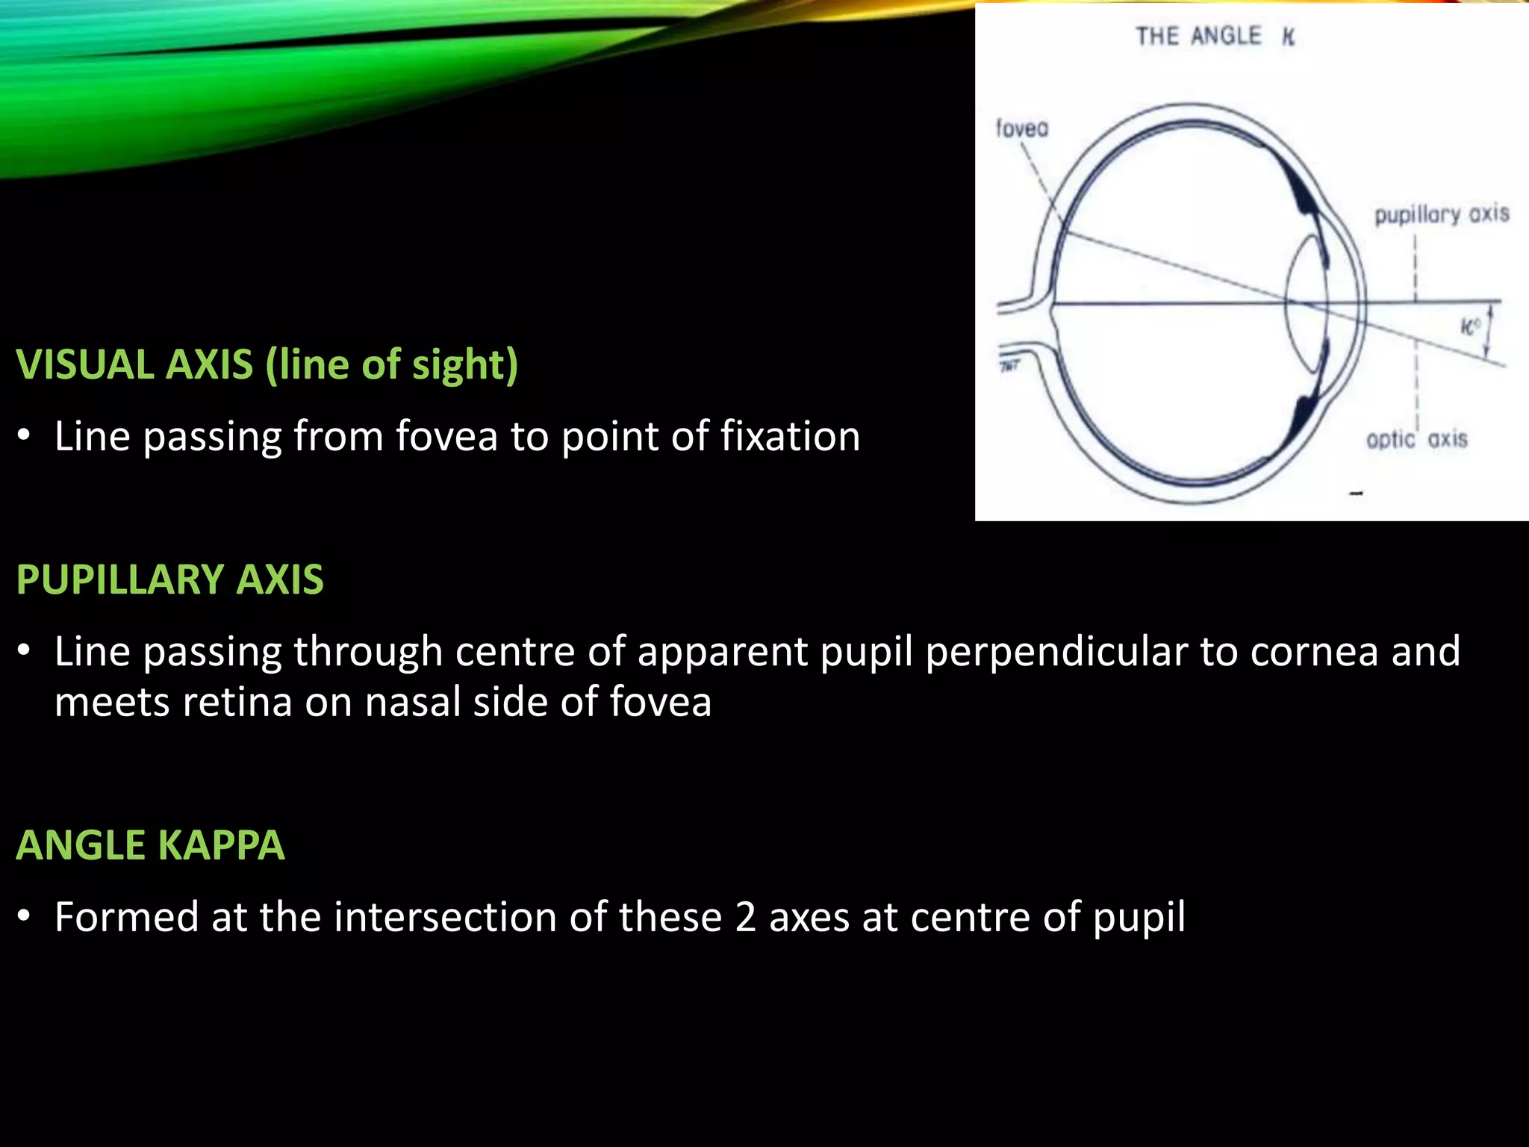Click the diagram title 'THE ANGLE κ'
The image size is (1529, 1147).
pyautogui.click(x=1215, y=37)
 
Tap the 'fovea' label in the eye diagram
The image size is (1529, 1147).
pyautogui.click(x=1022, y=129)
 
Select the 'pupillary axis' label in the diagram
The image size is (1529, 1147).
pyautogui.click(x=1442, y=215)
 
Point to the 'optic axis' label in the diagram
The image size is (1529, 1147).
pyautogui.click(x=1416, y=439)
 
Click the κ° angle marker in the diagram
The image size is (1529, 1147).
pyautogui.click(x=1470, y=326)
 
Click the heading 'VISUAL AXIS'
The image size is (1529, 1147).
pyautogui.click(x=135, y=365)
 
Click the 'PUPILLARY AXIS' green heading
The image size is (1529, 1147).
pyautogui.click(x=170, y=579)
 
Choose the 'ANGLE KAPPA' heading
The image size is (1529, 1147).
pyautogui.click(x=151, y=845)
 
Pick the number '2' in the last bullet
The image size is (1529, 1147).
pyautogui.click(x=745, y=918)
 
